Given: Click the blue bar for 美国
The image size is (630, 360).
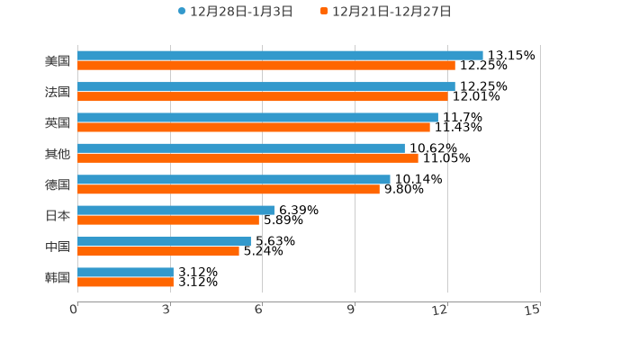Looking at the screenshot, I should pos(280,56).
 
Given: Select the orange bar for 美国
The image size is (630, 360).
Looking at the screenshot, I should pos(266,66).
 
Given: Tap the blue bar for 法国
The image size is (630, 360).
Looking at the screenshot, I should pos(266,86).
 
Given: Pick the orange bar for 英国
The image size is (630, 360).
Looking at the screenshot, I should pos(254,128).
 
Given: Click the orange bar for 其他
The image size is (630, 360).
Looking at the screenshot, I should pos(247,158).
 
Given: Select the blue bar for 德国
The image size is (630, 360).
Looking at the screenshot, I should pos(234,179).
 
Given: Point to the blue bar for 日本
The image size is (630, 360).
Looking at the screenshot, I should pos(175,210).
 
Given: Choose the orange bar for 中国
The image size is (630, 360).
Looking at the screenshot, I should pos(158,251).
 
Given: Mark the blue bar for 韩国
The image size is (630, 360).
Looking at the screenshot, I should pos(125,272).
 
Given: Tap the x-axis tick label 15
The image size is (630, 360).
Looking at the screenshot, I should pos(532,310).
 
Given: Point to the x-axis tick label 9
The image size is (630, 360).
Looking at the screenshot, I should pos(352,310).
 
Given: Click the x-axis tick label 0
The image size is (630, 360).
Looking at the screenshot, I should pos(74,310).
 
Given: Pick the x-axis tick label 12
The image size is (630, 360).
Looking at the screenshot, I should pos(440,310).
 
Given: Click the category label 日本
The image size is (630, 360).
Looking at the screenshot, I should pos(58,215).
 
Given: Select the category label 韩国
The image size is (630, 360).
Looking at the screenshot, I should pos(58,277).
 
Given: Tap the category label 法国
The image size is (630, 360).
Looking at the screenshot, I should pos(58,92).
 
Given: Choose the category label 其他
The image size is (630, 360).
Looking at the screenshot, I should pos(58,153).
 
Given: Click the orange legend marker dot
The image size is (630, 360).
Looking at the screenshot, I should pos(324,12).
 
